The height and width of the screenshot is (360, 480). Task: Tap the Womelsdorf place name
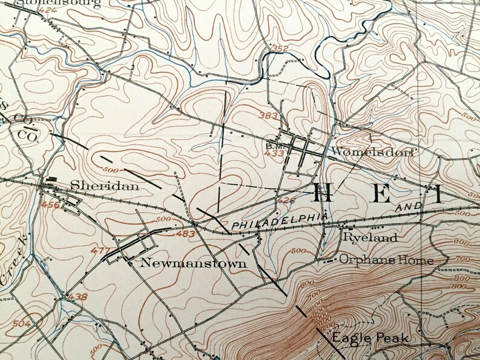tap(371, 153)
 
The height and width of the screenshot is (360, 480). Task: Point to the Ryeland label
tap(371, 238)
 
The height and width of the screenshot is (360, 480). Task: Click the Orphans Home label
tap(386, 260)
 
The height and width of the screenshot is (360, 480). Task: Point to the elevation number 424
tap(31, 10)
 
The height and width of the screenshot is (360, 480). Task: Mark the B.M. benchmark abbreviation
tap(273, 146)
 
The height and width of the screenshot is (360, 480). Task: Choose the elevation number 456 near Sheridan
tap(51, 207)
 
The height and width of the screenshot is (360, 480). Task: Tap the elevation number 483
tap(186, 233)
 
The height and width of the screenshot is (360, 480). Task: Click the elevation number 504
tap(21, 324)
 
